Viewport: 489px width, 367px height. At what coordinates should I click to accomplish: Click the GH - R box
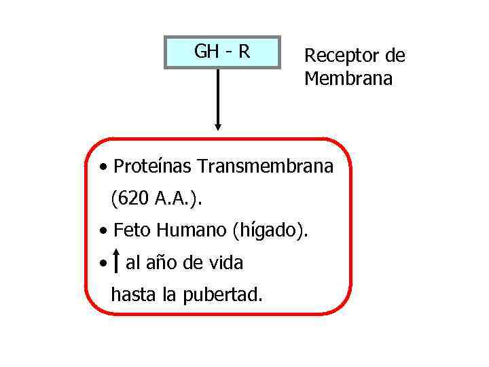point(222,52)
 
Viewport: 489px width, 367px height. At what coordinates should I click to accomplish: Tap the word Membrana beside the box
point(348,79)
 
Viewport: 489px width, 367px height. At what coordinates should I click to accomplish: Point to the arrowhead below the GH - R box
point(218,126)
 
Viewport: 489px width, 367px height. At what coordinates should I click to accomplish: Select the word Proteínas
point(153,166)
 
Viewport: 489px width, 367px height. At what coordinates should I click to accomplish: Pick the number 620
point(132,198)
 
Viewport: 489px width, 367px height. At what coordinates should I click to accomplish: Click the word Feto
point(132,230)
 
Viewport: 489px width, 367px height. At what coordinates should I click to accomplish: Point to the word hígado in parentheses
point(269,231)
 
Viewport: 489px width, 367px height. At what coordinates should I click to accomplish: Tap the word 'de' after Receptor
point(395,56)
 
